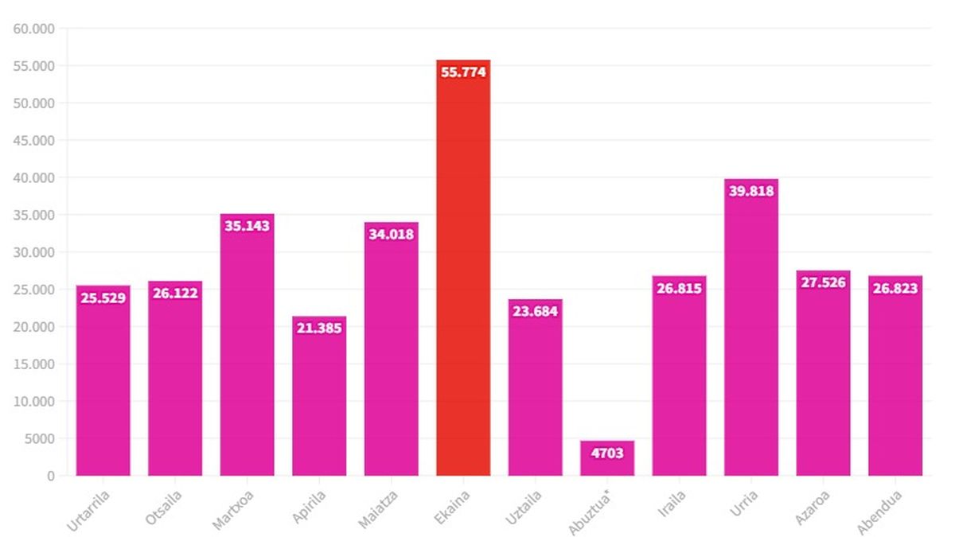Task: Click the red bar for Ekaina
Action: click(463, 270)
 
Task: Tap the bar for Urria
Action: click(751, 334)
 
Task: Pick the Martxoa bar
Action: click(248, 350)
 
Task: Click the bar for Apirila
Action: click(319, 402)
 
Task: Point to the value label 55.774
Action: click(463, 72)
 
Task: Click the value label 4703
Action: click(607, 453)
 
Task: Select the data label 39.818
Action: click(751, 191)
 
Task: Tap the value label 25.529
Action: click(103, 298)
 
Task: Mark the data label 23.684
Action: click(535, 311)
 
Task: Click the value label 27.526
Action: click(823, 282)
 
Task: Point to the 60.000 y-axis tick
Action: click(34, 29)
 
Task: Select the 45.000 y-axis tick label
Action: click(34, 141)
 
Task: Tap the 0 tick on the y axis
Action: click(51, 476)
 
